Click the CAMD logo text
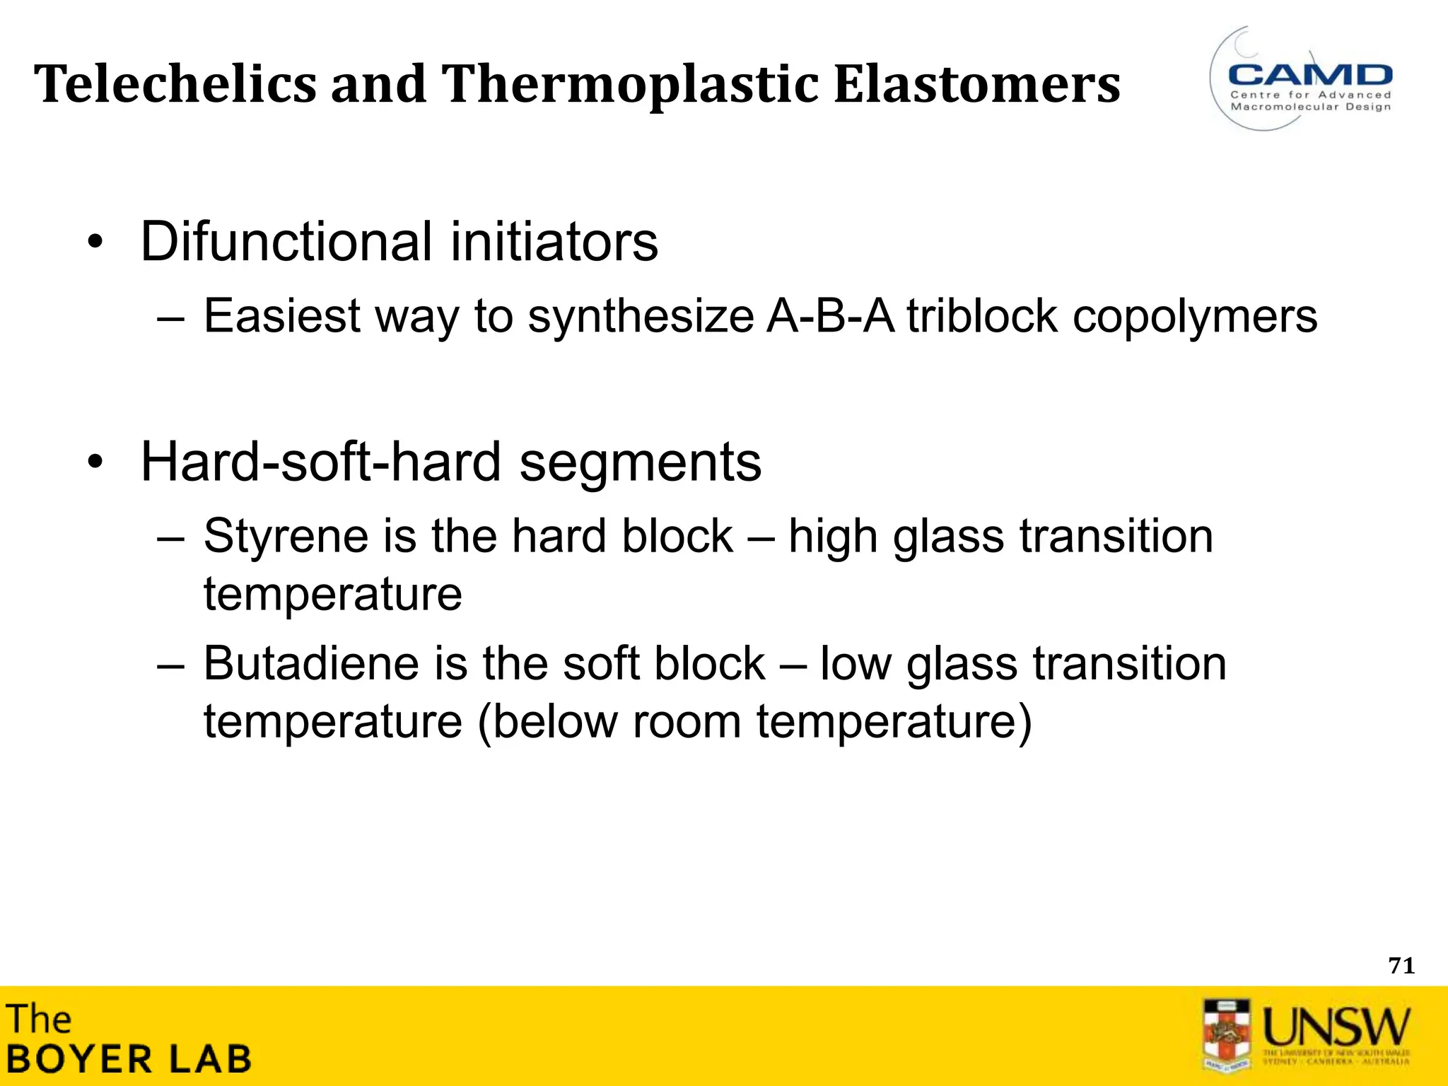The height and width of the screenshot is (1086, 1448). pos(1310,74)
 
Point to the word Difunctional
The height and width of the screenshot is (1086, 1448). pos(286,242)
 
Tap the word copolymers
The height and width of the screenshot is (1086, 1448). pos(1195,317)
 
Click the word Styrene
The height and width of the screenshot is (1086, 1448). pos(286,536)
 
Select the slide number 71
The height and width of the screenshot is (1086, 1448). pos(1401,966)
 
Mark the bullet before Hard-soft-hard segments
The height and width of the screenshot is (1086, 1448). pos(95,464)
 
